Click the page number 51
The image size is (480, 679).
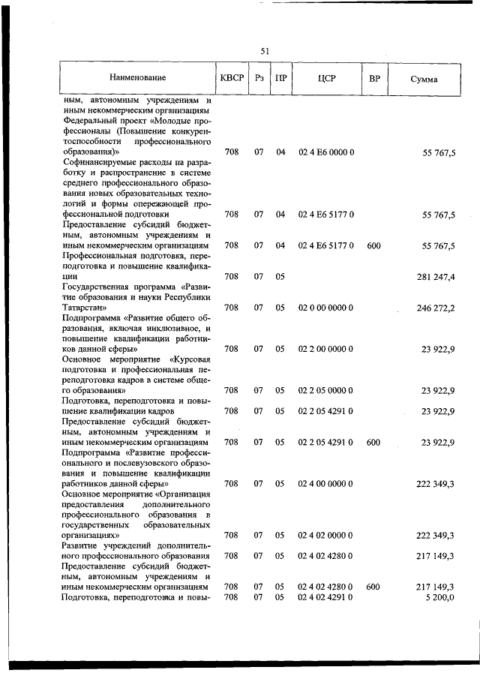[265, 51]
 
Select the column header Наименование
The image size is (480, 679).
[137, 78]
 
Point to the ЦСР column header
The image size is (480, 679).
[325, 78]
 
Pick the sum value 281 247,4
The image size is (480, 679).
[436, 277]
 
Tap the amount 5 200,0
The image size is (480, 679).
[439, 597]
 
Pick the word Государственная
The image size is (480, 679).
[97, 287]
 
